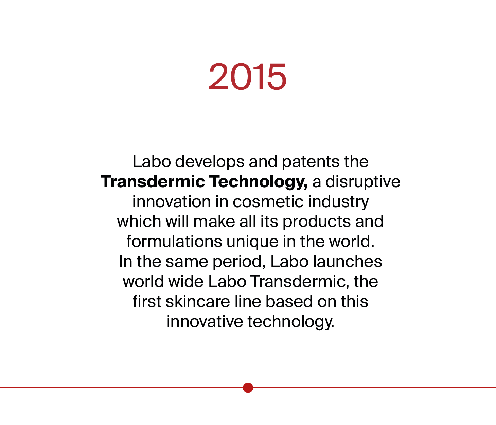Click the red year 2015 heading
tap(248, 76)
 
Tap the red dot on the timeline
tap(248, 388)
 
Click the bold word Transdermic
tap(153, 181)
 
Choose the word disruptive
tap(363, 182)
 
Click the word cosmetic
tap(268, 201)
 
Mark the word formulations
tap(174, 242)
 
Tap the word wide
tap(186, 282)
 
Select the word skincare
tap(198, 301)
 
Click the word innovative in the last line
tap(205, 322)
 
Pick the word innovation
tap(172, 201)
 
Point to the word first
tap(147, 301)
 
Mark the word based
tap(289, 301)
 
